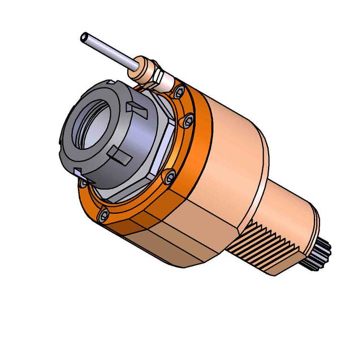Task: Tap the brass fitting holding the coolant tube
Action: [148, 71]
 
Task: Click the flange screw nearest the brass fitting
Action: [180, 90]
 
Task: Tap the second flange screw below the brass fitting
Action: [189, 120]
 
